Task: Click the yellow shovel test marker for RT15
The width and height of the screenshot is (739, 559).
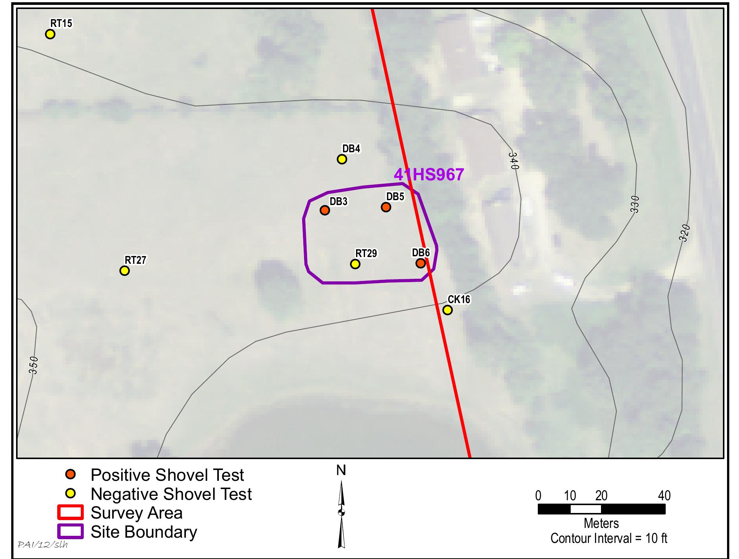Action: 50,34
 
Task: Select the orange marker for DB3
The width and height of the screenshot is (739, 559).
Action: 325,210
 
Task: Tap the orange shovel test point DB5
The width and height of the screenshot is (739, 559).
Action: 386,207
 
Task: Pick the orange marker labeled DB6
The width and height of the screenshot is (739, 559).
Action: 421,263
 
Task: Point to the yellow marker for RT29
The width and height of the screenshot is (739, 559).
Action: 355,264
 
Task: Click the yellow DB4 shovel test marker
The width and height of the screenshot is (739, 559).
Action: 342,159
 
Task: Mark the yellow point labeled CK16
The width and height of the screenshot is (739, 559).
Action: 447,310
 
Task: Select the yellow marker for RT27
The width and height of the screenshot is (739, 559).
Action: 125,270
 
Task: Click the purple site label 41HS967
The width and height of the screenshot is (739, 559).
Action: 429,175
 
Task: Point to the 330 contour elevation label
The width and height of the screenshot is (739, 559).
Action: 635,204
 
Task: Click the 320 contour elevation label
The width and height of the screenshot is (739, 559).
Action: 684,233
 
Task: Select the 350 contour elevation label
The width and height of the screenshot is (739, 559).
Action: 33,365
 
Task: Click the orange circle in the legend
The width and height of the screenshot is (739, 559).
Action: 70,475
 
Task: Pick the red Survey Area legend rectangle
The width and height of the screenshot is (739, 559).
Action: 70,513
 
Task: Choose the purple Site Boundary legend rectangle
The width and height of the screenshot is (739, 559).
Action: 70,532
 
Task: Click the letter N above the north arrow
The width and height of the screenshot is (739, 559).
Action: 341,471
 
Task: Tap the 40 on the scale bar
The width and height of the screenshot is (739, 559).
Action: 664,496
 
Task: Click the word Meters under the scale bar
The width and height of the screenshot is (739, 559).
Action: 601,523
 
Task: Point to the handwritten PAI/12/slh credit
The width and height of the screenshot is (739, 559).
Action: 43,544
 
